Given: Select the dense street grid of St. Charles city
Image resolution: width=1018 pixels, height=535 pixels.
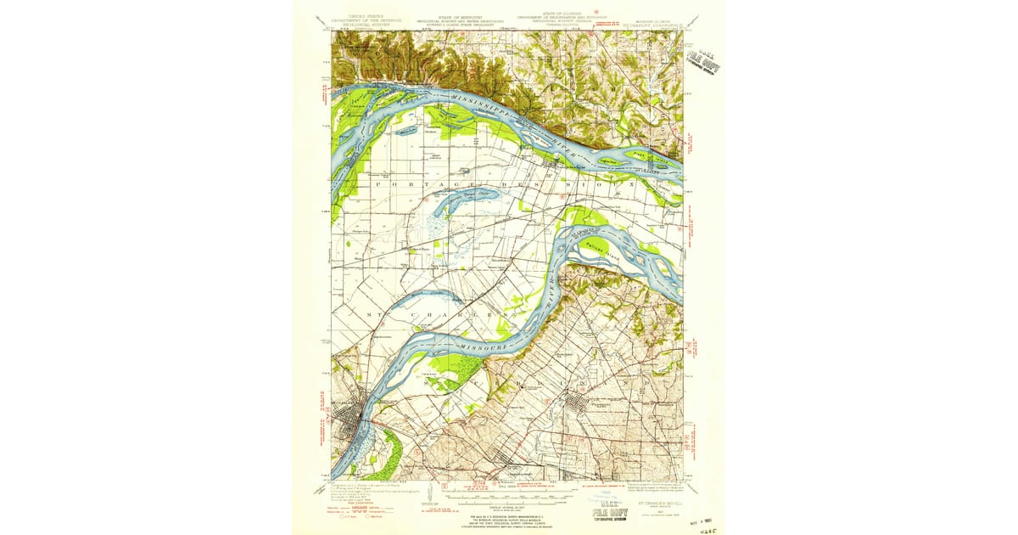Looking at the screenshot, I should (348, 425).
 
